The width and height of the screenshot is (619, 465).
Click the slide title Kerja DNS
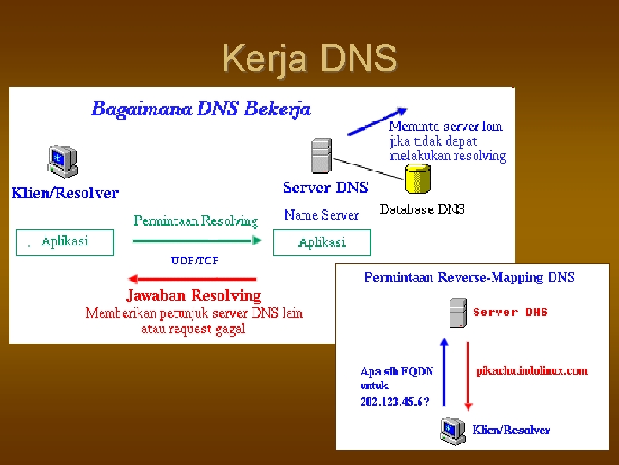pyautogui.click(x=309, y=59)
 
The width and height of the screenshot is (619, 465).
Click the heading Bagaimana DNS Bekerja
pyautogui.click(x=201, y=109)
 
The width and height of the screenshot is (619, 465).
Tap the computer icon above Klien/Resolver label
pyautogui.click(x=61, y=161)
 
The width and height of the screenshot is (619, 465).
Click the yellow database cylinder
pyautogui.click(x=418, y=178)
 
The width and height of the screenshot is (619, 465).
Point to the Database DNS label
pyautogui.click(x=422, y=209)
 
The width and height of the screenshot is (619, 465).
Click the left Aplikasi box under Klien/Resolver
pyautogui.click(x=65, y=241)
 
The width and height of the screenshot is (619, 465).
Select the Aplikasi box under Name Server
pyautogui.click(x=322, y=242)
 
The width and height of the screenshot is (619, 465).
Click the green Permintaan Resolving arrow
pyautogui.click(x=196, y=242)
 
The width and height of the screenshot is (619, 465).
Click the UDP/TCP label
pyautogui.click(x=194, y=260)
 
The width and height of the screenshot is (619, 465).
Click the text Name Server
pyautogui.click(x=322, y=215)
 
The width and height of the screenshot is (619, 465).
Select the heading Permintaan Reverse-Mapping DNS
pyautogui.click(x=469, y=277)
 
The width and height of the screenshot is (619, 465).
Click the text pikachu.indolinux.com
pyautogui.click(x=532, y=371)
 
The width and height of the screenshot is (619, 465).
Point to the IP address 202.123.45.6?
pyautogui.click(x=395, y=401)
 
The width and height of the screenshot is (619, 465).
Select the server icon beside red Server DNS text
pyautogui.click(x=457, y=313)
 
